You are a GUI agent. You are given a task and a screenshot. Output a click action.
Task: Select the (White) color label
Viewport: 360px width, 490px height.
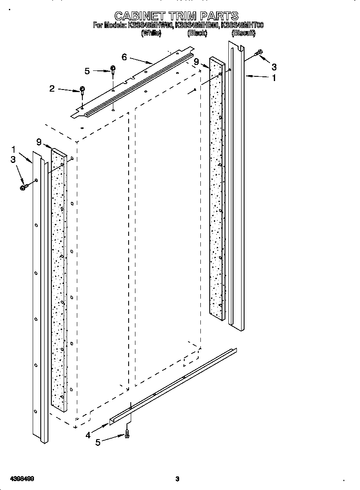(151, 33)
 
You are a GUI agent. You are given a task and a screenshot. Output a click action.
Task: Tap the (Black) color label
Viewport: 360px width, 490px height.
(197, 33)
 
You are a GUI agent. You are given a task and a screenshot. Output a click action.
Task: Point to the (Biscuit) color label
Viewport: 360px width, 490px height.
(243, 33)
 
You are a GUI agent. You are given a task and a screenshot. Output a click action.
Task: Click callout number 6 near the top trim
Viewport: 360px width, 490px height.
(124, 57)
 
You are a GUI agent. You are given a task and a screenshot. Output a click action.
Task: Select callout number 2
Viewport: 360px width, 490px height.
(52, 89)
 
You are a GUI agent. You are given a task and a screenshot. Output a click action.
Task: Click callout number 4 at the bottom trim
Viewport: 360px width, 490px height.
(88, 434)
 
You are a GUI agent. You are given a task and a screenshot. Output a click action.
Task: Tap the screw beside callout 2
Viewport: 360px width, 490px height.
(82, 90)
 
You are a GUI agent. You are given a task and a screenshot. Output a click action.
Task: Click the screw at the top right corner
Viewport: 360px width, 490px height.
(259, 53)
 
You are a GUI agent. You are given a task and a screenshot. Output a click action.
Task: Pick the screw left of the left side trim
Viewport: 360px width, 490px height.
(24, 186)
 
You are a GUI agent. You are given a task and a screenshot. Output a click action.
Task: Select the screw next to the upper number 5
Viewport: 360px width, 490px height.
(113, 69)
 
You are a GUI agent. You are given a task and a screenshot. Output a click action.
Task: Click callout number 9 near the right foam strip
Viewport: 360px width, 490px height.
(196, 62)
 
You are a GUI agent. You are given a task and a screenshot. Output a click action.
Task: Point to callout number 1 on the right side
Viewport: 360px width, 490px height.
(274, 78)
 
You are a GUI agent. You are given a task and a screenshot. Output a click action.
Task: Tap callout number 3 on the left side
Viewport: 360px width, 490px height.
(13, 160)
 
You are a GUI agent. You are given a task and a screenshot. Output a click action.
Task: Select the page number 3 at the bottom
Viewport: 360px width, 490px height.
(177, 479)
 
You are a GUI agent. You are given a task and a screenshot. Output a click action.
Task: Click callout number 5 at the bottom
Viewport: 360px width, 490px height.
(98, 442)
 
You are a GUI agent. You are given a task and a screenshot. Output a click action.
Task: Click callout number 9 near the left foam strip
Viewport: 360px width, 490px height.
(39, 142)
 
